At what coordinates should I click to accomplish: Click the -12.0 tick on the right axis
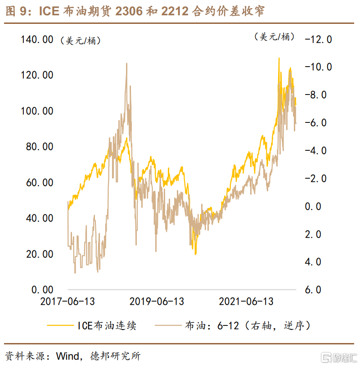point(318,40)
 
